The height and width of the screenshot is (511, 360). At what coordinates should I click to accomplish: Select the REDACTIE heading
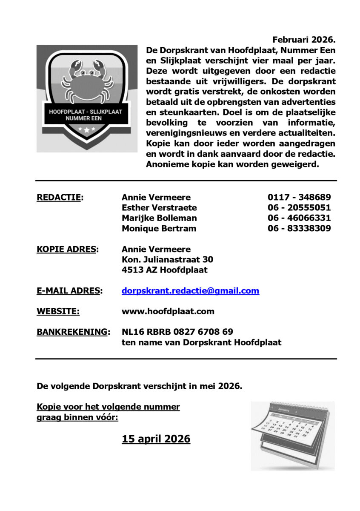(60, 198)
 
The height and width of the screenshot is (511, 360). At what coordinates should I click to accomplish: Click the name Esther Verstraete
(159, 208)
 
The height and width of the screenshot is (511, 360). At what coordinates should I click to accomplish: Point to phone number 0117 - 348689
(299, 198)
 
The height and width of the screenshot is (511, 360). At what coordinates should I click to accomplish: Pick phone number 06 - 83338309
(299, 228)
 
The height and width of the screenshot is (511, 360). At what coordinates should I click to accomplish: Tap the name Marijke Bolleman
(159, 218)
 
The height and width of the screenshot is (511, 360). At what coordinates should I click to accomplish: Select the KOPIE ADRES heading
(67, 249)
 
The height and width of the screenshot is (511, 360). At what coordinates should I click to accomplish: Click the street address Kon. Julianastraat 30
(167, 259)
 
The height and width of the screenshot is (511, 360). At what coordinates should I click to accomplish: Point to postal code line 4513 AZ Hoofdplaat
(164, 270)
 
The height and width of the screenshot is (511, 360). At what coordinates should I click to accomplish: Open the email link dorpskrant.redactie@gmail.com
(190, 291)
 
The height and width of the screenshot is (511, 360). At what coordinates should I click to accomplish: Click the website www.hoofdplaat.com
(168, 311)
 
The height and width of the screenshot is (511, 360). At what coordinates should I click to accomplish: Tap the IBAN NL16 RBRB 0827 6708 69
(177, 332)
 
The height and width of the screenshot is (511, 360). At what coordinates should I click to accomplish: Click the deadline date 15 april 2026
(156, 439)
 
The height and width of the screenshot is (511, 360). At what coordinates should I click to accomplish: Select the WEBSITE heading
(58, 311)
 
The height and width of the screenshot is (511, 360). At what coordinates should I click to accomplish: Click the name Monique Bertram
(159, 228)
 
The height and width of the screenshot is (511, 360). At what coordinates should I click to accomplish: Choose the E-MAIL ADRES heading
(69, 291)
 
